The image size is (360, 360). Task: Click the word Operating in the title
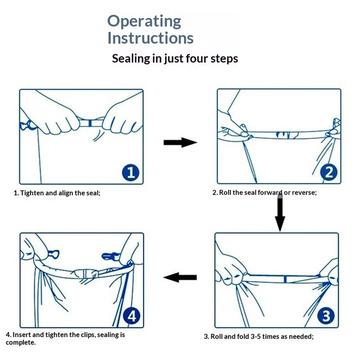(144, 22)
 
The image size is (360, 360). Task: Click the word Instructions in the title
(150, 38)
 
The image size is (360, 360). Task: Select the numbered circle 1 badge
(130, 172)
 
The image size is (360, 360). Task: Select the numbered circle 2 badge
(329, 172)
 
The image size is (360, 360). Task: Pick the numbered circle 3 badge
(326, 316)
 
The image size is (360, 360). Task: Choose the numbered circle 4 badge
(132, 316)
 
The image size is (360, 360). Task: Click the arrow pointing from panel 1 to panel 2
(180, 143)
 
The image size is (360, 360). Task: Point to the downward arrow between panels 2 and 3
(280, 214)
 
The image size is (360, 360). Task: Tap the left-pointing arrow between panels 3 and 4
(180, 277)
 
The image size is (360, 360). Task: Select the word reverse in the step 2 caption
(303, 193)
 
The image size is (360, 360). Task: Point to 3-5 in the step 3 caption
(255, 337)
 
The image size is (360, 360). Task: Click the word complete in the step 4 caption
(19, 343)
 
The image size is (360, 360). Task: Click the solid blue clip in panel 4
(111, 256)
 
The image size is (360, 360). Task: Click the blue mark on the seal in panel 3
(284, 279)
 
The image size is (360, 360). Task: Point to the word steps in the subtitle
(224, 59)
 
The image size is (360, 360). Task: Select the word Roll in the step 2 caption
(225, 193)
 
